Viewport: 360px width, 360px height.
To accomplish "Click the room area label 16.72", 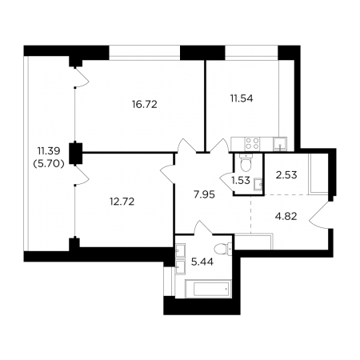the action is point(145,104).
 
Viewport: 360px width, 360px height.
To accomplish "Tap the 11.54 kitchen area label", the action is point(242,98).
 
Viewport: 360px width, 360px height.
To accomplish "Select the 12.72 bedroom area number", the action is point(122,202).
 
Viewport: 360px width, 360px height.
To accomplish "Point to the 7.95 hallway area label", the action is point(204,194).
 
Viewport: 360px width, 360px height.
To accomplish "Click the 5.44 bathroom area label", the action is point(202,262).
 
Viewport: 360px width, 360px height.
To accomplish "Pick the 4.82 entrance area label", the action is point(286,216).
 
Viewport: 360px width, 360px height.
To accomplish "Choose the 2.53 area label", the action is point(286,175).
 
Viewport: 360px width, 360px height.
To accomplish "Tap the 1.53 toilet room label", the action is point(241,181).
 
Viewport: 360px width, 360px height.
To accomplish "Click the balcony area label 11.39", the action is point(49,151).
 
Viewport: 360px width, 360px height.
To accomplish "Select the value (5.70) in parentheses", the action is point(49,165).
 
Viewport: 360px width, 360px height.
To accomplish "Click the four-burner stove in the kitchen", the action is point(252,143).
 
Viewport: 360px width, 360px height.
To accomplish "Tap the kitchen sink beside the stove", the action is point(280,144).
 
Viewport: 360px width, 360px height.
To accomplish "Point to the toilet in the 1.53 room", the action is point(246,162).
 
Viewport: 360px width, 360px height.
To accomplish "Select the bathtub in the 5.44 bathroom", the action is point(208,288).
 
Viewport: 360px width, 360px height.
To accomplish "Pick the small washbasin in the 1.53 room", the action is point(258,184).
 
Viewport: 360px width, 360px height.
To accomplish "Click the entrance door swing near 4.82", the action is point(318,215).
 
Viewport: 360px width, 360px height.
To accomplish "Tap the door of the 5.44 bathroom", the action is point(203,227).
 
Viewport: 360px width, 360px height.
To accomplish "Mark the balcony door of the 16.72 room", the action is point(82,77).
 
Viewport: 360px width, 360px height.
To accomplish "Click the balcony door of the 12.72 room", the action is point(82,174).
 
